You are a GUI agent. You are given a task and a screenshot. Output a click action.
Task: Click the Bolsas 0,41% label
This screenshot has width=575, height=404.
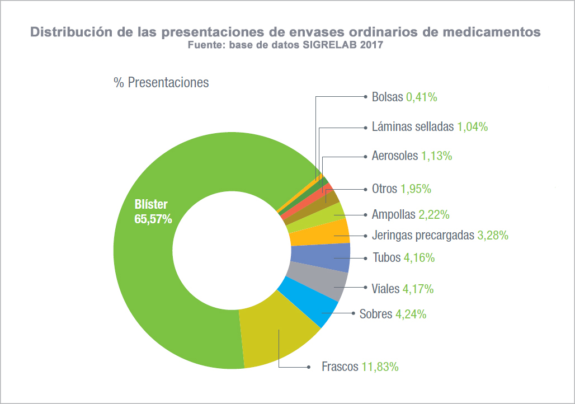[404, 97]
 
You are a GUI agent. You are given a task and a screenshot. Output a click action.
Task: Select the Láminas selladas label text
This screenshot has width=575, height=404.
[412, 127]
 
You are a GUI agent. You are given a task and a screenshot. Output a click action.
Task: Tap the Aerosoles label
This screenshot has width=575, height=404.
[395, 156]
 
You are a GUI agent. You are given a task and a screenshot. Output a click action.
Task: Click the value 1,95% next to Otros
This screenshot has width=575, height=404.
[416, 189]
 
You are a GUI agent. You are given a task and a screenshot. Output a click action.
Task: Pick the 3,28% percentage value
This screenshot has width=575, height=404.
[492, 236]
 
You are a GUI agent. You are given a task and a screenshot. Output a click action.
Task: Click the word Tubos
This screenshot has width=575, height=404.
[386, 258]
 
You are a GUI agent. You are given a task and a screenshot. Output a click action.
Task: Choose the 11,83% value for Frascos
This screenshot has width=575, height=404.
[380, 367]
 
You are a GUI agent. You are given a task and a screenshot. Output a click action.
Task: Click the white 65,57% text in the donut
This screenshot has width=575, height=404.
[153, 219]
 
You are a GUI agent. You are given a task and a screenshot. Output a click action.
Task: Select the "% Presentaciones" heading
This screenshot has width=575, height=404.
[161, 83]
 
